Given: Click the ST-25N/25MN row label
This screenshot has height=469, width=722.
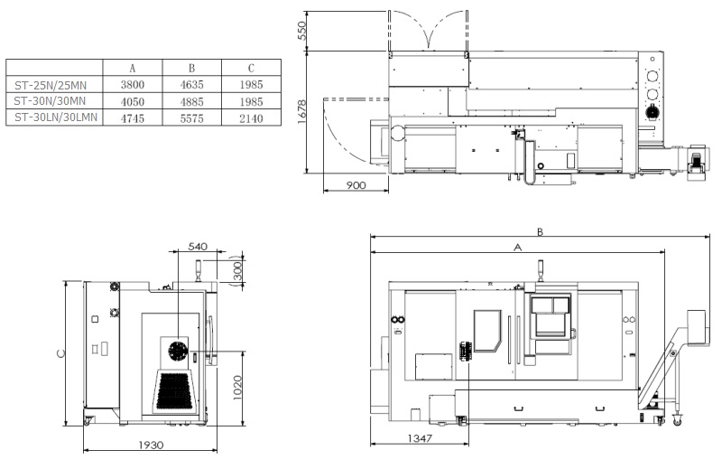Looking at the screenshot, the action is (x=51, y=85).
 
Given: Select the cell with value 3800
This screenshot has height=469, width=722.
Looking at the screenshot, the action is (x=133, y=85).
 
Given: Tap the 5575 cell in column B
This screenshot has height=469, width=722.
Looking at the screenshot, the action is (x=191, y=118).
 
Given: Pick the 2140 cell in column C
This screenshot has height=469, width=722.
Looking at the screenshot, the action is (x=251, y=118).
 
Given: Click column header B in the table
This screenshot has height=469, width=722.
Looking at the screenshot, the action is (x=191, y=69).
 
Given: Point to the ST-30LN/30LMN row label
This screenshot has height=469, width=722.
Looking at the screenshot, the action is (x=56, y=117).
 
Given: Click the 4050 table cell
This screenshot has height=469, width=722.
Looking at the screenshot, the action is (x=133, y=102).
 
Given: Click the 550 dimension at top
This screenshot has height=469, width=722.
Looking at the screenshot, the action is (x=302, y=31).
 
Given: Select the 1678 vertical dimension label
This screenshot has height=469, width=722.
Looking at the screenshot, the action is (x=302, y=111).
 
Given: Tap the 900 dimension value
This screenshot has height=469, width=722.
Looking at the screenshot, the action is (x=356, y=185).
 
